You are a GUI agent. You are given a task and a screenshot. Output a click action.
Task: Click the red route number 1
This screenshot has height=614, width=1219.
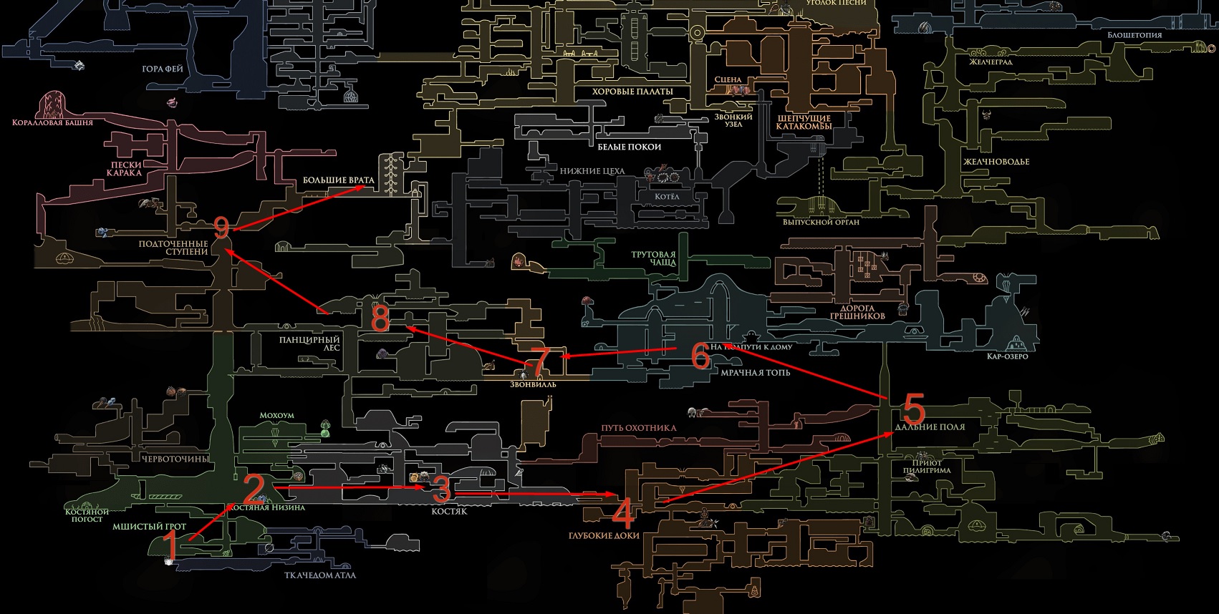[x=170, y=547]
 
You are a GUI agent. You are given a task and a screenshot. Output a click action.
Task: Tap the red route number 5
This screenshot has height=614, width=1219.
[x=913, y=409]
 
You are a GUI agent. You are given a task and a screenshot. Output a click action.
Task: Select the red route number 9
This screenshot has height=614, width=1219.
[x=221, y=228]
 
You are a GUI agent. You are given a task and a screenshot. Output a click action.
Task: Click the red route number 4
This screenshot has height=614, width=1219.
[x=623, y=514]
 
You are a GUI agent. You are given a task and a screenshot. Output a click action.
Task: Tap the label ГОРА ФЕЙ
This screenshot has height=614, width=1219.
[x=163, y=69]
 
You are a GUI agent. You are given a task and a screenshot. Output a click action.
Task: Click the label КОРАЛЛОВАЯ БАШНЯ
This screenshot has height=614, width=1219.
[x=52, y=123]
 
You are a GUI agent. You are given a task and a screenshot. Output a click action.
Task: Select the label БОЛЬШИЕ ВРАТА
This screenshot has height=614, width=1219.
[x=338, y=180]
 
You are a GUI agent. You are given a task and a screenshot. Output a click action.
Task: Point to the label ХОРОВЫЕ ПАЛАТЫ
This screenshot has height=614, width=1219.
[x=632, y=92]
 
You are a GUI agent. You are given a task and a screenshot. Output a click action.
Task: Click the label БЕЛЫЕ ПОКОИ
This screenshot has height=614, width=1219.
[x=629, y=147]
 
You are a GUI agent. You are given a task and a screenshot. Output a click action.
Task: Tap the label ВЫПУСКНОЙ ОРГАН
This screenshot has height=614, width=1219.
[x=821, y=222]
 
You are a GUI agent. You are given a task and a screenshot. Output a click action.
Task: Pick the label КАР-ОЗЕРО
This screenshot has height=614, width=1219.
[x=1007, y=356]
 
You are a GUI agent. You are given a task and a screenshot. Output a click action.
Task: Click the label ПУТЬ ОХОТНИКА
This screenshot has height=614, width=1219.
[x=638, y=428]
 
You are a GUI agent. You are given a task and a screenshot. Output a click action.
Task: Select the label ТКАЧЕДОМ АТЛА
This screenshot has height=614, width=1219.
[x=319, y=575]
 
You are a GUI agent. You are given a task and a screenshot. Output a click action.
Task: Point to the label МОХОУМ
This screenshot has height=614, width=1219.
[x=276, y=415]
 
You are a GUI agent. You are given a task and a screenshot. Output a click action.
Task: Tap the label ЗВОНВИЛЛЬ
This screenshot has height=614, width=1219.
[x=533, y=384]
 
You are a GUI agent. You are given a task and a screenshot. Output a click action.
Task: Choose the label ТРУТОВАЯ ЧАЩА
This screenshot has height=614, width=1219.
[x=653, y=258]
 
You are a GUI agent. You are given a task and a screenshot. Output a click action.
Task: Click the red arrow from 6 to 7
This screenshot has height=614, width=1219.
[x=620, y=352]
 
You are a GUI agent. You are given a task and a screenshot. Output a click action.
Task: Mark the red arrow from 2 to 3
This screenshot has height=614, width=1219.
[x=351, y=487]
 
